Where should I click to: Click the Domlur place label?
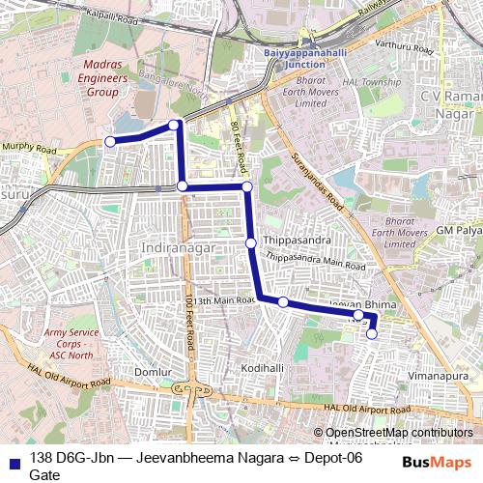pyautogui.click(x=153, y=371)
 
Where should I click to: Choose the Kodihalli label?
pyautogui.click(x=263, y=368)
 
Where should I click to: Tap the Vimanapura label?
pyautogui.click(x=436, y=371)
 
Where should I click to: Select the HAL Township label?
pyautogui.click(x=378, y=82)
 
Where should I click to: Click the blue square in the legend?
pyautogui.click(x=14, y=459)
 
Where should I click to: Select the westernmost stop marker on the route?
pyautogui.click(x=110, y=142)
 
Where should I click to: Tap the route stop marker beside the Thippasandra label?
pyautogui.click(x=250, y=242)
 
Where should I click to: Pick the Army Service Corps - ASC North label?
pyautogui.click(x=72, y=343)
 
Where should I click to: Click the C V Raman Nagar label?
pyautogui.click(x=449, y=104)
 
